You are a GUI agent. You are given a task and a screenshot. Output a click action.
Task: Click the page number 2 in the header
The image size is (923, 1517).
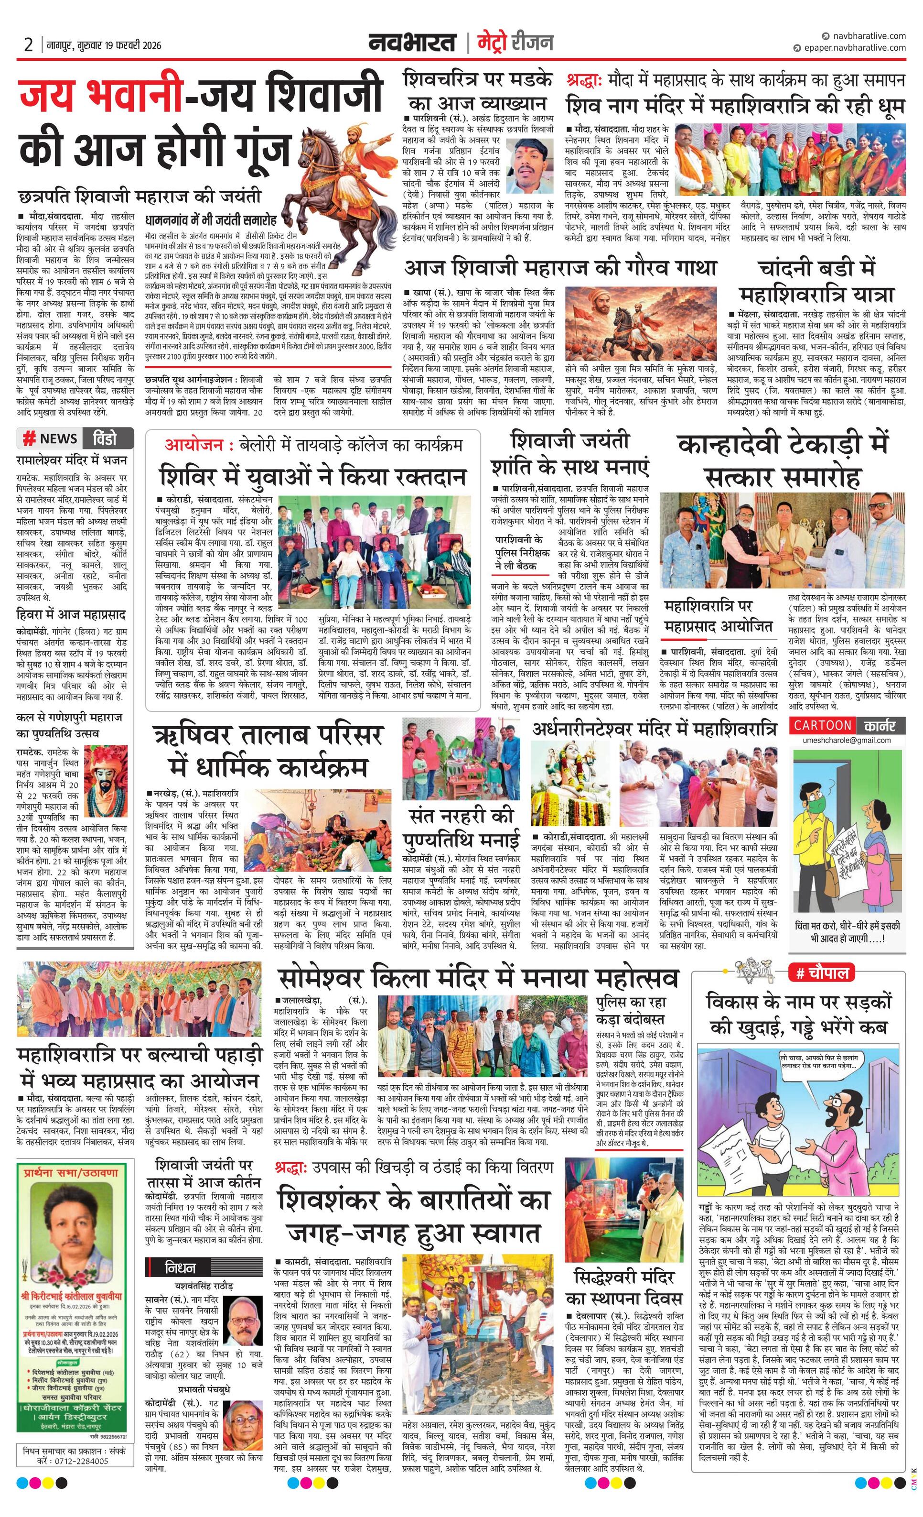click(28, 44)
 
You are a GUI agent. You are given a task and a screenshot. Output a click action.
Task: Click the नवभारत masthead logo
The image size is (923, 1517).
click(412, 43)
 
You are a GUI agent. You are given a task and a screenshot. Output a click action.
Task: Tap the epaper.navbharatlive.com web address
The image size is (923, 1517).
click(854, 47)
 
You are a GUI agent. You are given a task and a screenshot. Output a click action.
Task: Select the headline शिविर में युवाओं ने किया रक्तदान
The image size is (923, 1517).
click(314, 477)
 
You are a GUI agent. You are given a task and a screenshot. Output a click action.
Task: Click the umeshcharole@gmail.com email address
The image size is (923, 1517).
click(847, 740)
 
